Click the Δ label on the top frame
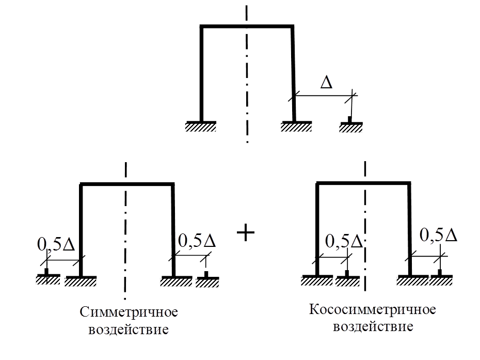click(x=326, y=83)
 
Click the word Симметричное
click(x=129, y=312)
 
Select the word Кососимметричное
click(x=373, y=310)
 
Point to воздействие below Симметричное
click(x=129, y=330)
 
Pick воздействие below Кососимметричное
click(x=373, y=326)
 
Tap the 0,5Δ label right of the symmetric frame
click(x=197, y=241)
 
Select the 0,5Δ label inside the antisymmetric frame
click(x=345, y=241)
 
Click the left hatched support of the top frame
click(x=201, y=127)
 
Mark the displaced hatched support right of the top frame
click(x=351, y=127)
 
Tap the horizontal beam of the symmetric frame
click(x=127, y=184)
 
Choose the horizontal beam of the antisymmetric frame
click(x=363, y=183)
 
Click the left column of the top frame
click(x=201, y=72)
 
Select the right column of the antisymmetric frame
click(x=410, y=227)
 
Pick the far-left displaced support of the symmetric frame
click(x=47, y=280)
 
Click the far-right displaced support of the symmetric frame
click(x=207, y=281)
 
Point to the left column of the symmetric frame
click(x=81, y=227)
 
